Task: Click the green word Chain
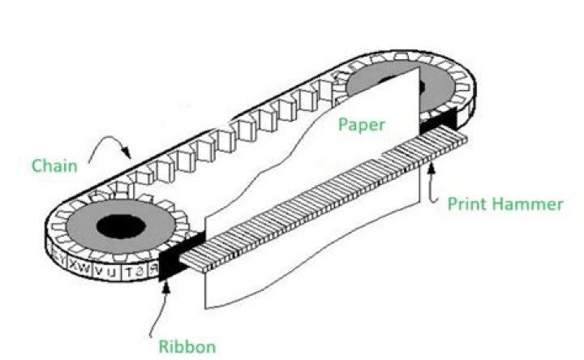pos(54,166)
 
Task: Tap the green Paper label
pos(363,125)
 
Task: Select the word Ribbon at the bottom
pos(187,347)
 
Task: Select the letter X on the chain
pos(74,265)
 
